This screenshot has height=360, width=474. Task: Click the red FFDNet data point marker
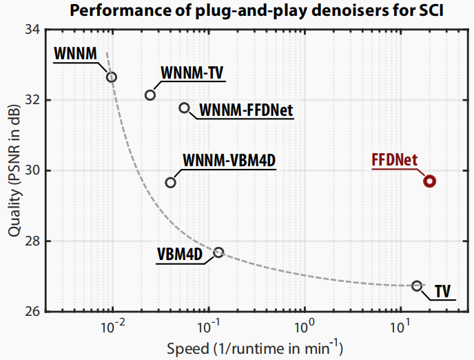(429, 181)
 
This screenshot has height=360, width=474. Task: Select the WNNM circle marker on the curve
(112, 77)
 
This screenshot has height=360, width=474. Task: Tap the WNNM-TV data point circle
(150, 94)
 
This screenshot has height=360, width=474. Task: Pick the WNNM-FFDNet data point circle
(184, 108)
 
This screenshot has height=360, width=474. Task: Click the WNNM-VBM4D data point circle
(171, 182)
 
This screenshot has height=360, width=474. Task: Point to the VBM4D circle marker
(218, 252)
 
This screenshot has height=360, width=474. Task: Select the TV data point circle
(417, 286)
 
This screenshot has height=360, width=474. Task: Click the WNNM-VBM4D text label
(229, 160)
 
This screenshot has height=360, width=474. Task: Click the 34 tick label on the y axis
(32, 30)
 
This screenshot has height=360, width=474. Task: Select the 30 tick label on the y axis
(32, 170)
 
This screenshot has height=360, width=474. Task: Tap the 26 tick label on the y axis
(32, 312)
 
